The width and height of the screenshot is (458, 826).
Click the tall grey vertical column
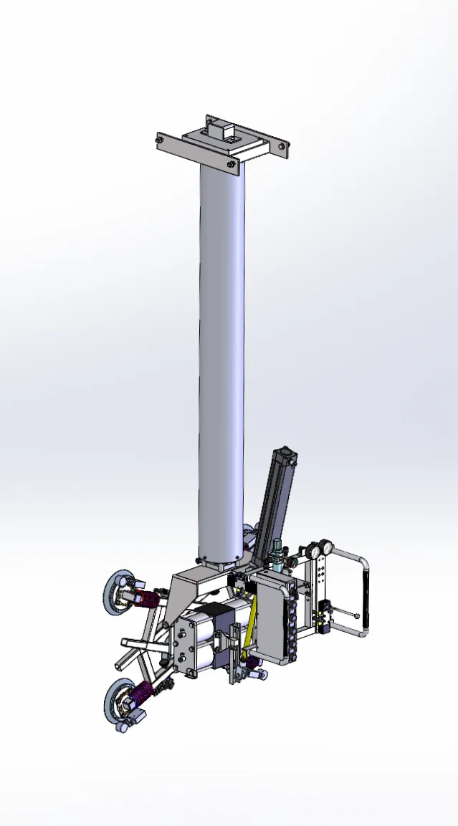pyautogui.click(x=221, y=358)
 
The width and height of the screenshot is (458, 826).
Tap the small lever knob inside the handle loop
pyautogui.click(x=356, y=614)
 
